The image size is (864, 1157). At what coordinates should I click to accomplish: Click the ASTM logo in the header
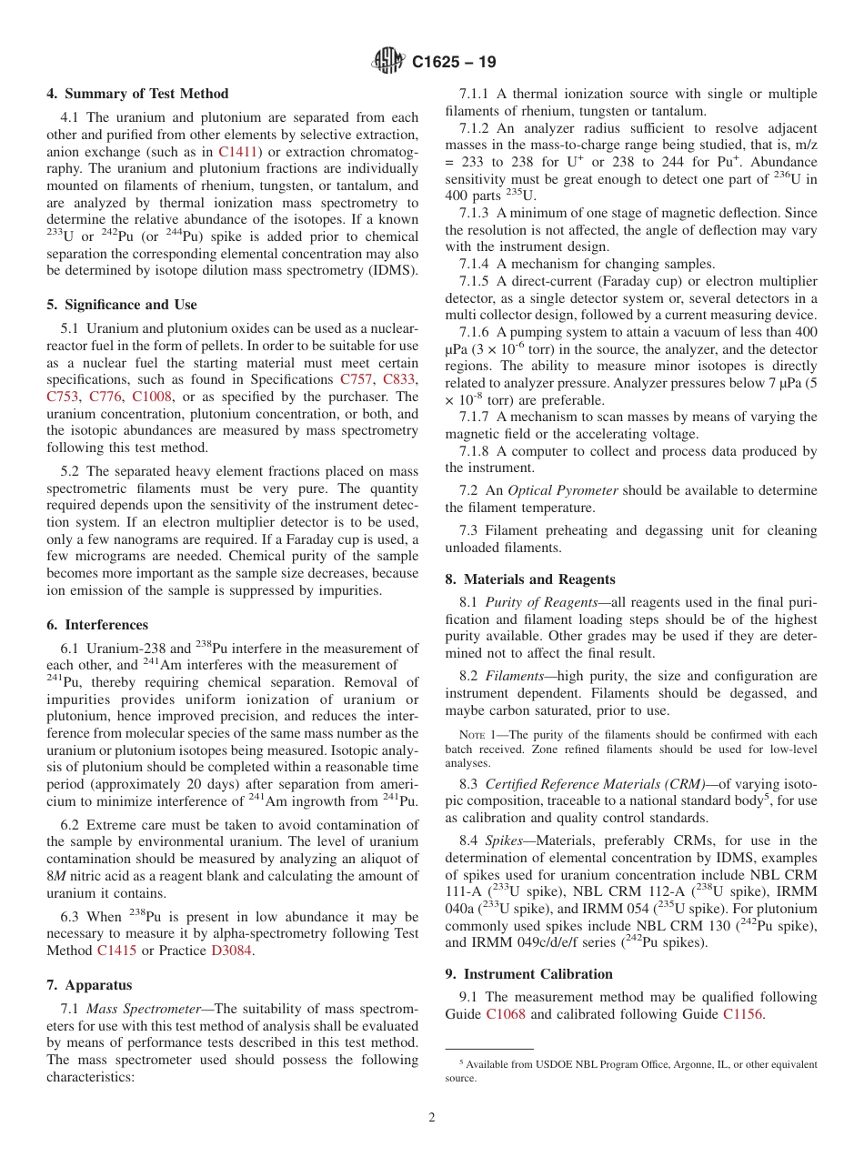click(x=388, y=62)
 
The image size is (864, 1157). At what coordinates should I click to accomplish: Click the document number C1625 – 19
click(x=454, y=63)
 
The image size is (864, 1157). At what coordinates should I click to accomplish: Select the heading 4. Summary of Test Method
click(x=137, y=94)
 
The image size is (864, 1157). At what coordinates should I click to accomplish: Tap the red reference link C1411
click(x=238, y=151)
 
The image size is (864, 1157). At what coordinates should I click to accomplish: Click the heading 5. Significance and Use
click(x=122, y=305)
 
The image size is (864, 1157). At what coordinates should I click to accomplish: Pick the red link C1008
click(x=152, y=397)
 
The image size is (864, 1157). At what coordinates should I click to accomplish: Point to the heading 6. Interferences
click(x=97, y=625)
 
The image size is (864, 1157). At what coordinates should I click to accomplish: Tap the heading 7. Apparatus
click(x=89, y=985)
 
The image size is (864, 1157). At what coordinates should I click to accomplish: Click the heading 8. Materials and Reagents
click(x=530, y=579)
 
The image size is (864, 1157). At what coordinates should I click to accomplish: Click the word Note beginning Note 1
click(x=473, y=735)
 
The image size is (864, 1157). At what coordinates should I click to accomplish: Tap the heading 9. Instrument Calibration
click(x=528, y=974)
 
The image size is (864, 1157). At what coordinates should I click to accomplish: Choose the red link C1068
click(x=506, y=1013)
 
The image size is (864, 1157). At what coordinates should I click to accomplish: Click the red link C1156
click(x=743, y=1013)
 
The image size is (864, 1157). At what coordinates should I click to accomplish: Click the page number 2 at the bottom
click(x=432, y=1118)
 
